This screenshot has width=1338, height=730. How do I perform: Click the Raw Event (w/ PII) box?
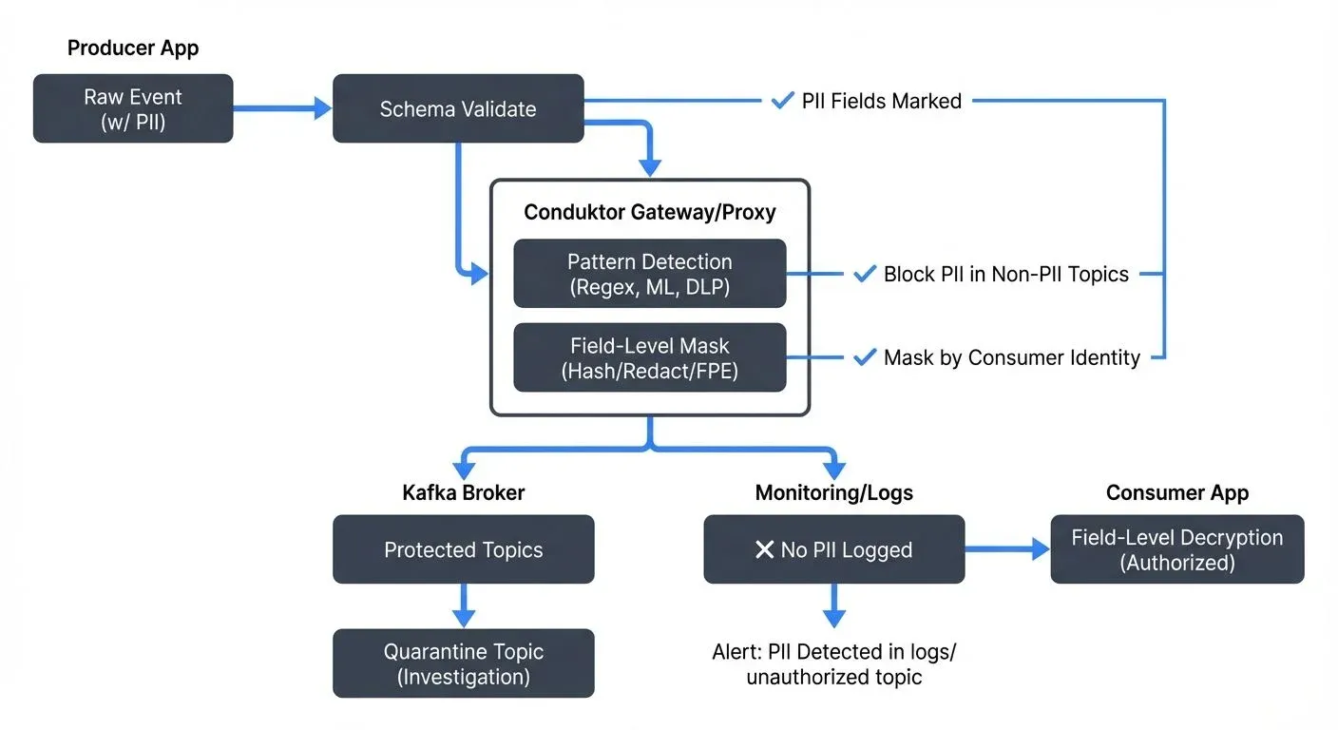pyautogui.click(x=133, y=108)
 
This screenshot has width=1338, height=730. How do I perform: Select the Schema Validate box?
pyautogui.click(x=458, y=108)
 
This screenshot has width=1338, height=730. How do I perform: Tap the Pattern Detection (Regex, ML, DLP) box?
pyautogui.click(x=650, y=274)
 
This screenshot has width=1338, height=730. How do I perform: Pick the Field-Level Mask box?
pyautogui.click(x=650, y=357)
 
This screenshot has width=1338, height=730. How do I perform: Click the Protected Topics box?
pyautogui.click(x=464, y=549)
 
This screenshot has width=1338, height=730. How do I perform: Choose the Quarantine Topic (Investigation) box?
pyautogui.click(x=464, y=663)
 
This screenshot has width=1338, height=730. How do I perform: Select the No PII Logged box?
pyautogui.click(x=833, y=549)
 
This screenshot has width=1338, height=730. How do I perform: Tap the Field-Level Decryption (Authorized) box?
pyautogui.click(x=1176, y=549)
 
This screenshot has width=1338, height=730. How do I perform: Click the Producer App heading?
pyautogui.click(x=133, y=48)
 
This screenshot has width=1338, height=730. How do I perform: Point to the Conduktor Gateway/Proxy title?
pyautogui.click(x=650, y=211)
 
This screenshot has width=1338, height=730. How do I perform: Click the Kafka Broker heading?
pyautogui.click(x=464, y=492)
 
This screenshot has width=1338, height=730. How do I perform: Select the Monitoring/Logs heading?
pyautogui.click(x=833, y=492)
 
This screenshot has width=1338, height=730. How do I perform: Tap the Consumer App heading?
pyautogui.click(x=1176, y=492)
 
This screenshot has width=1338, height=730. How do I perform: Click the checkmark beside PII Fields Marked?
pyautogui.click(x=782, y=100)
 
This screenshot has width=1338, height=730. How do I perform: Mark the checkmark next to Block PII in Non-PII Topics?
pyautogui.click(x=864, y=274)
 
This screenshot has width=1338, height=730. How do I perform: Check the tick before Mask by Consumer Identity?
pyautogui.click(x=864, y=357)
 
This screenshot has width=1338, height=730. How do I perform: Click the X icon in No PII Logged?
pyautogui.click(x=764, y=549)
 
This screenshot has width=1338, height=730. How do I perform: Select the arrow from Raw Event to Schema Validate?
pyautogui.click(x=282, y=108)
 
